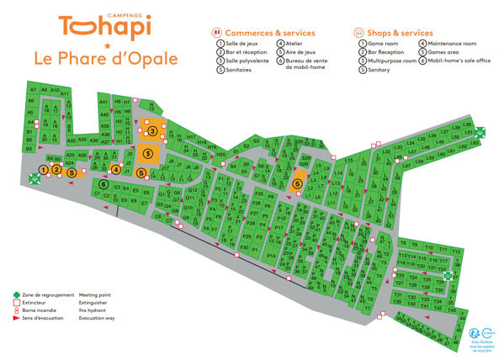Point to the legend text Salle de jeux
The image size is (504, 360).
[x=245, y=43]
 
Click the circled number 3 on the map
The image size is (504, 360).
[x=151, y=131]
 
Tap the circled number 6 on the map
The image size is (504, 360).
[x=103, y=185]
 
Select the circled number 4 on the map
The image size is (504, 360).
[x=116, y=169]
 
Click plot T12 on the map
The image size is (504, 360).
[x=456, y=251]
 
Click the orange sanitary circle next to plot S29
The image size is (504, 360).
[x=297, y=184]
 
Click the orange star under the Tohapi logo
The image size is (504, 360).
[x=107, y=45]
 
